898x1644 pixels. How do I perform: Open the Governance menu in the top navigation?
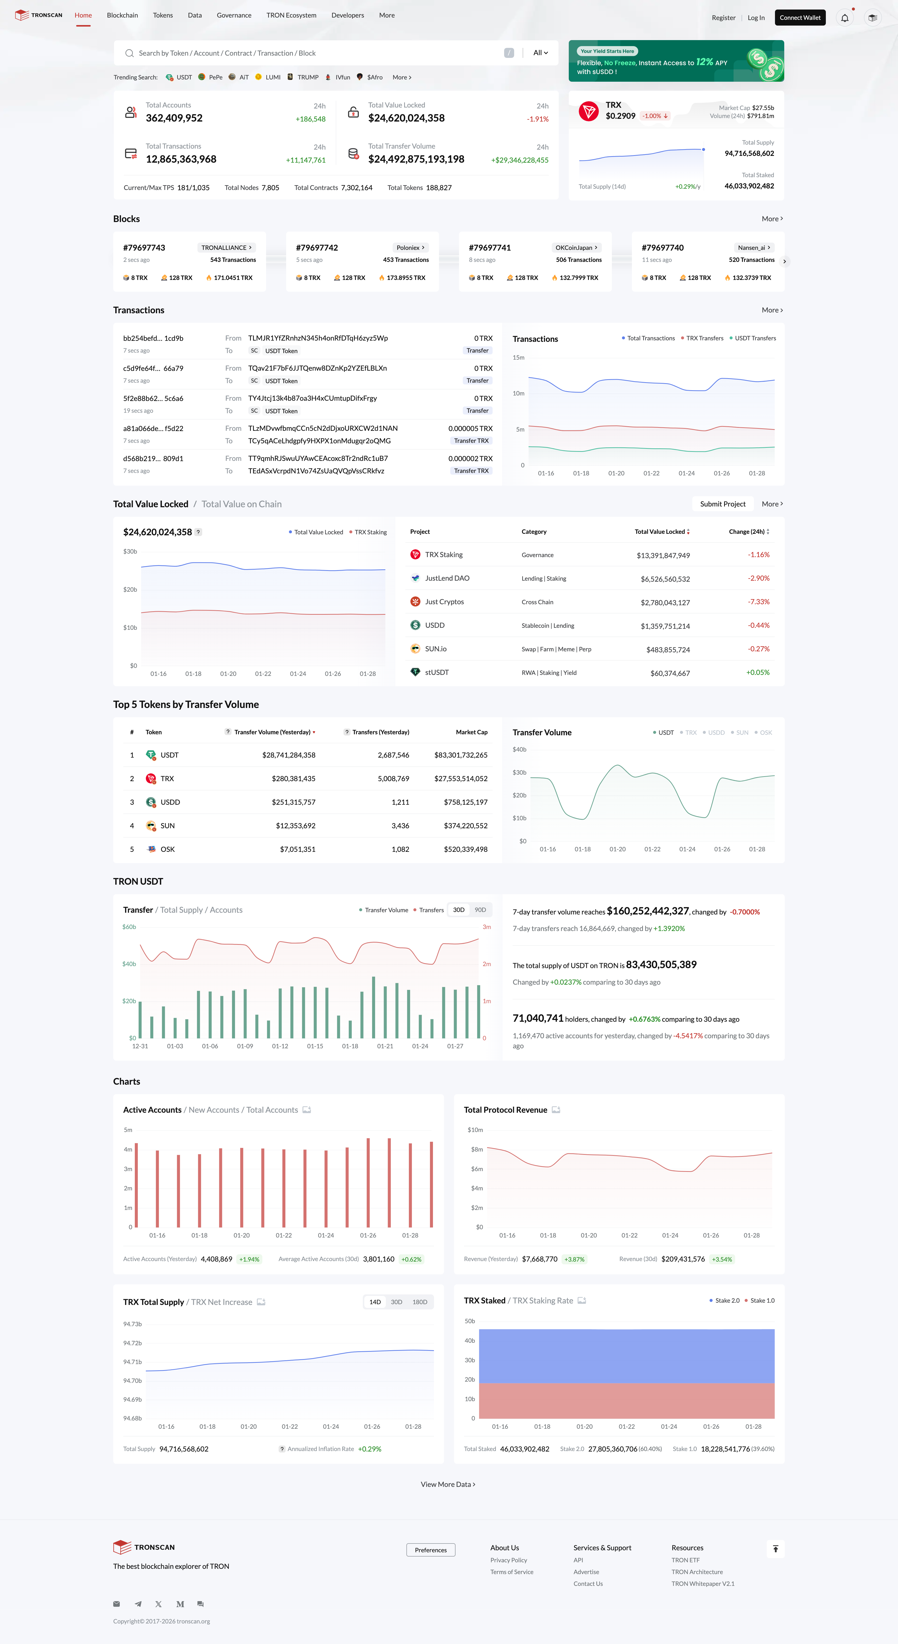click(234, 15)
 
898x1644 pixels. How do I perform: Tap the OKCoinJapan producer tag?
click(576, 248)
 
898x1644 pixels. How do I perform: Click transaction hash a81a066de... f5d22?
click(153, 428)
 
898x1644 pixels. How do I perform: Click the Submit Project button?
click(723, 504)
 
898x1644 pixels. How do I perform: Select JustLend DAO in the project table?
click(447, 578)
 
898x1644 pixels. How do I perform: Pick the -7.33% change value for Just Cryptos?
click(758, 602)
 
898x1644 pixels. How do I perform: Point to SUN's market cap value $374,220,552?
click(465, 826)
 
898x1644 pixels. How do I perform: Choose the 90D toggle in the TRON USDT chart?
click(480, 910)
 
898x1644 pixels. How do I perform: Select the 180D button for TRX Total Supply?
click(419, 1302)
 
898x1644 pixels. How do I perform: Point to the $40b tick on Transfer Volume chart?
click(519, 749)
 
